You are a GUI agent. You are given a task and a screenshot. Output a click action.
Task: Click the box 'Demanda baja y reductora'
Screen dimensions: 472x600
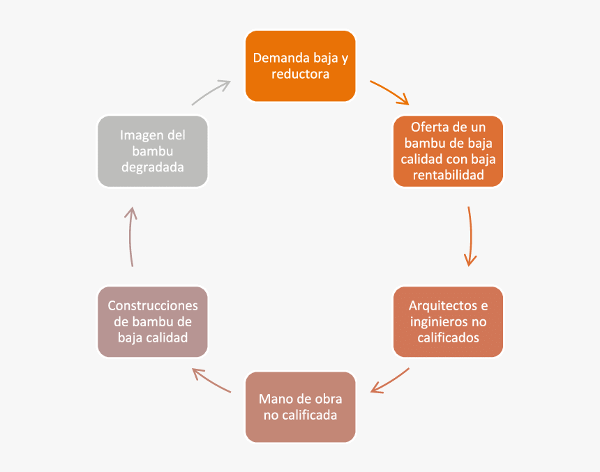coord(300,66)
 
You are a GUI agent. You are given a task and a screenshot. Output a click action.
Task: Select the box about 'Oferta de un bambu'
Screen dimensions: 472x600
coord(448,151)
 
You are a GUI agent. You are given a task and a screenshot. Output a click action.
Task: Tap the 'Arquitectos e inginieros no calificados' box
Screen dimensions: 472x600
coord(448,321)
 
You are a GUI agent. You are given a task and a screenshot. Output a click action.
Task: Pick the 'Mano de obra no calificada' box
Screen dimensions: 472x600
coord(300,407)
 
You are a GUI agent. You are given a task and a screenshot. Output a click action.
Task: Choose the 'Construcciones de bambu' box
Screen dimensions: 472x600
coord(153,321)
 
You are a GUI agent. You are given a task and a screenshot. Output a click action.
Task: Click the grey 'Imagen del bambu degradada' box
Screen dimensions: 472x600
coord(153,151)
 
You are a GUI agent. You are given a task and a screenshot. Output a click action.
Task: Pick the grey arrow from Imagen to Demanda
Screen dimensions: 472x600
coord(211,91)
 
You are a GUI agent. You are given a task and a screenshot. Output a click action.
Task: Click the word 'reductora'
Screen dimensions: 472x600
coord(300,74)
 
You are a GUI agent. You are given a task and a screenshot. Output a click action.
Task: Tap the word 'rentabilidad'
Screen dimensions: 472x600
coord(448,176)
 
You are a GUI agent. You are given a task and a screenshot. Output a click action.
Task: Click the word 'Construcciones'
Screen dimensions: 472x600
coord(153,306)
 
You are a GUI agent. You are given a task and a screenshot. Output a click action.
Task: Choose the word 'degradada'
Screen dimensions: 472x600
coord(153,167)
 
